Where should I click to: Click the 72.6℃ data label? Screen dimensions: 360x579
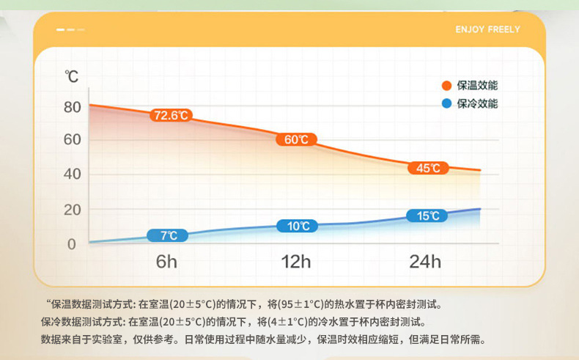(x=170, y=115)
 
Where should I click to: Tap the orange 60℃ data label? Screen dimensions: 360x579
(x=296, y=139)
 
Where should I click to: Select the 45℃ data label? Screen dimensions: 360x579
(x=427, y=168)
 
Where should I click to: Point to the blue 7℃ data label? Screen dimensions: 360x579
(x=168, y=235)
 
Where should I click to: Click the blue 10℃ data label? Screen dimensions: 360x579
(x=297, y=226)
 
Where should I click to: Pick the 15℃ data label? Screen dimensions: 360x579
(x=427, y=216)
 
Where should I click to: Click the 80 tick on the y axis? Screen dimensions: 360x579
(x=72, y=107)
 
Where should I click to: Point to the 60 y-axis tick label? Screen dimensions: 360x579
(x=72, y=139)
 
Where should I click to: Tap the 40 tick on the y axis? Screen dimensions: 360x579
(x=72, y=175)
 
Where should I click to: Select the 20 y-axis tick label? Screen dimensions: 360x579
(x=72, y=210)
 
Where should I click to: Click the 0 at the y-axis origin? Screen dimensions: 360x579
(x=72, y=244)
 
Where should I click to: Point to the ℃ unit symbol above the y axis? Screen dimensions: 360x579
(x=72, y=76)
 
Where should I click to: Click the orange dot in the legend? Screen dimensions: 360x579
(x=446, y=86)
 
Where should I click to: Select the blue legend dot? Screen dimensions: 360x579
(x=446, y=103)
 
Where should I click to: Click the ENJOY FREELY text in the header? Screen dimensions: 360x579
(x=487, y=29)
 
